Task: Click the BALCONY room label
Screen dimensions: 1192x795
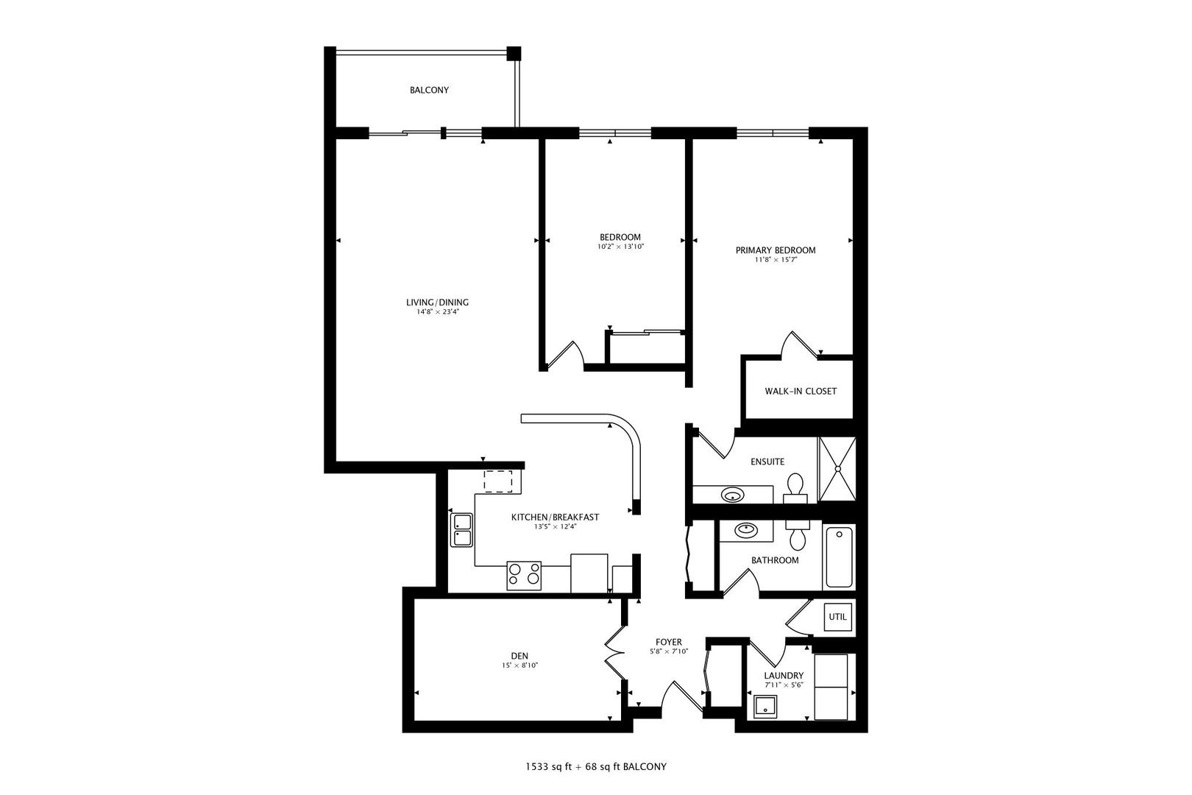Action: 429,91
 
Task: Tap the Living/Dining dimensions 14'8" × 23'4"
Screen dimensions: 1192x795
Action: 437,312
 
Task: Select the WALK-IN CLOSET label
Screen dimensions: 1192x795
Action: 801,392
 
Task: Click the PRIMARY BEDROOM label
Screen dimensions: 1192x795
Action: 776,250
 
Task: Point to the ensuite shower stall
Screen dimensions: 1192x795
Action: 837,469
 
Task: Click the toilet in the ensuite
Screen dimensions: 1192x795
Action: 795,488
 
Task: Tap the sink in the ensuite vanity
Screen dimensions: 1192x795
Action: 733,495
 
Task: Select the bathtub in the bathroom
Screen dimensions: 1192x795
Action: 840,556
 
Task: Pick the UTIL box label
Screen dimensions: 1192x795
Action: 837,617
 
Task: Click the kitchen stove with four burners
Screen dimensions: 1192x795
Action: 524,576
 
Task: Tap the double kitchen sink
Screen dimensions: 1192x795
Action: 461,530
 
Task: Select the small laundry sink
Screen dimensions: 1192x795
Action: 765,707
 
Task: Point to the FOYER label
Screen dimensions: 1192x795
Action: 668,643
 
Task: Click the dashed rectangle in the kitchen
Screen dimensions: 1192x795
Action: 498,481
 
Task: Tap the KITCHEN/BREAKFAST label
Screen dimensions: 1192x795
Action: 555,517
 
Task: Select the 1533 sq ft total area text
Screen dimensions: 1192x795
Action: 548,767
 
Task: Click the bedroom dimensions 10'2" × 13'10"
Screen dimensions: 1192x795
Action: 620,247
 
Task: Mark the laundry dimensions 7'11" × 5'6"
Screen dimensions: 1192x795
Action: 784,685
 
